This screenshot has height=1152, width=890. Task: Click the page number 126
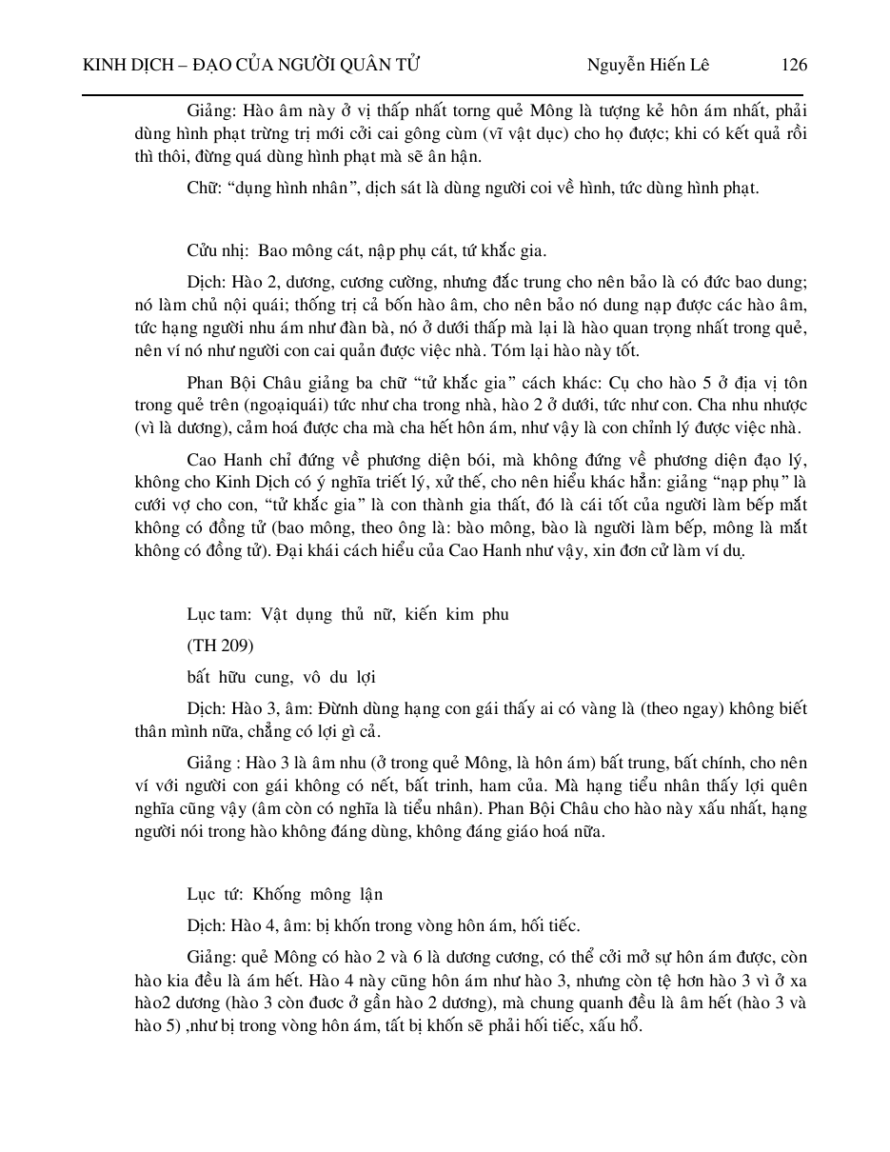click(x=793, y=65)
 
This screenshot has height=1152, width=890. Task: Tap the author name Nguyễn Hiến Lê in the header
click(x=648, y=65)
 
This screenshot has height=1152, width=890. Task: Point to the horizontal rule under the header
click(x=444, y=94)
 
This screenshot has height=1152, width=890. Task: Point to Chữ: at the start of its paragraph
click(x=203, y=188)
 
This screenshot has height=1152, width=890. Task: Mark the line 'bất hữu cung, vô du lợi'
click(x=282, y=677)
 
